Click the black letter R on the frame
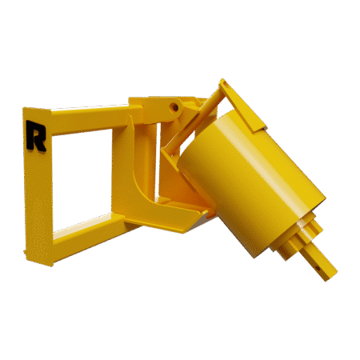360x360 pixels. point(35,136)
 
